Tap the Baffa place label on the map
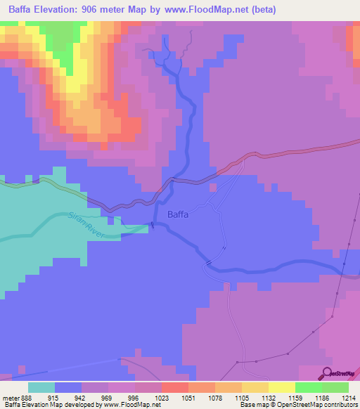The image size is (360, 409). point(177,215)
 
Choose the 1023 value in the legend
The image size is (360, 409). point(170,397)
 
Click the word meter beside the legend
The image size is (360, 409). point(10,397)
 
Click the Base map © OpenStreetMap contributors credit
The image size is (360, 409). point(298,405)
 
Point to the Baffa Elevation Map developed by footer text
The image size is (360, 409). point(53,405)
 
